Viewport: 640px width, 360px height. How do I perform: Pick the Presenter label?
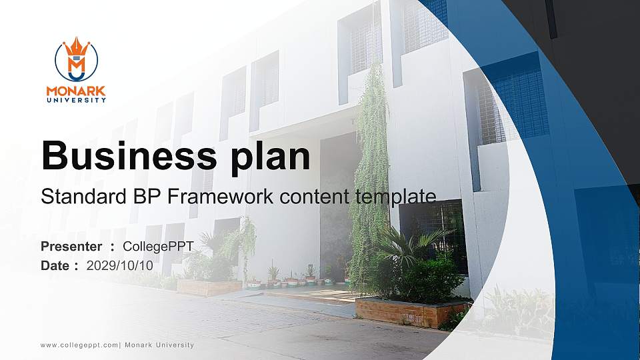click(71, 247)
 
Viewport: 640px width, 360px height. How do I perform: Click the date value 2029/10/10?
click(120, 265)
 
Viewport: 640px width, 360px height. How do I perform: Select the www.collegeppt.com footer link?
click(79, 345)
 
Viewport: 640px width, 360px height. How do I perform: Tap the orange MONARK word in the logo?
click(76, 91)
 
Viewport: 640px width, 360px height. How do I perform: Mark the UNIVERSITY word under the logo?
click(76, 101)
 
